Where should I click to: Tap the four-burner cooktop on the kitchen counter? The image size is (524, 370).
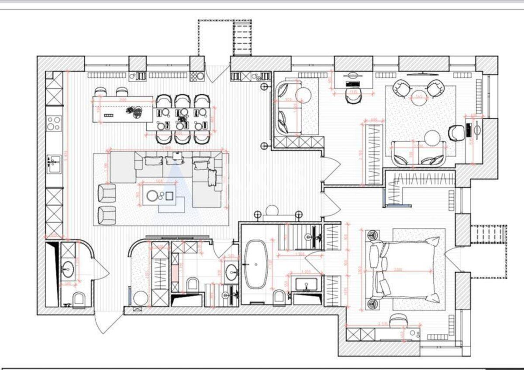54,123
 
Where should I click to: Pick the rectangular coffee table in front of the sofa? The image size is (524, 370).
161,195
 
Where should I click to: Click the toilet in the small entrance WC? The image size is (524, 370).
79,299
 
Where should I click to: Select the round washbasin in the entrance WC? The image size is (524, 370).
67,270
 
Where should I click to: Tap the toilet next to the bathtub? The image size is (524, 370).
280,297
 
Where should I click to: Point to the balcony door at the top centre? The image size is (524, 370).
217,72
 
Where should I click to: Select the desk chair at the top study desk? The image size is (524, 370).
352,96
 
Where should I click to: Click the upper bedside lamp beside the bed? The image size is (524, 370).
372,235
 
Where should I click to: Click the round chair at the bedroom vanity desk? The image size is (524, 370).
398,320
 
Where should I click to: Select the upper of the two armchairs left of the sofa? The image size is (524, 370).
106,193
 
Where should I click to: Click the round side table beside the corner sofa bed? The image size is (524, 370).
303,94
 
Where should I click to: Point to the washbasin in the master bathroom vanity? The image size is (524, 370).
306,285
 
